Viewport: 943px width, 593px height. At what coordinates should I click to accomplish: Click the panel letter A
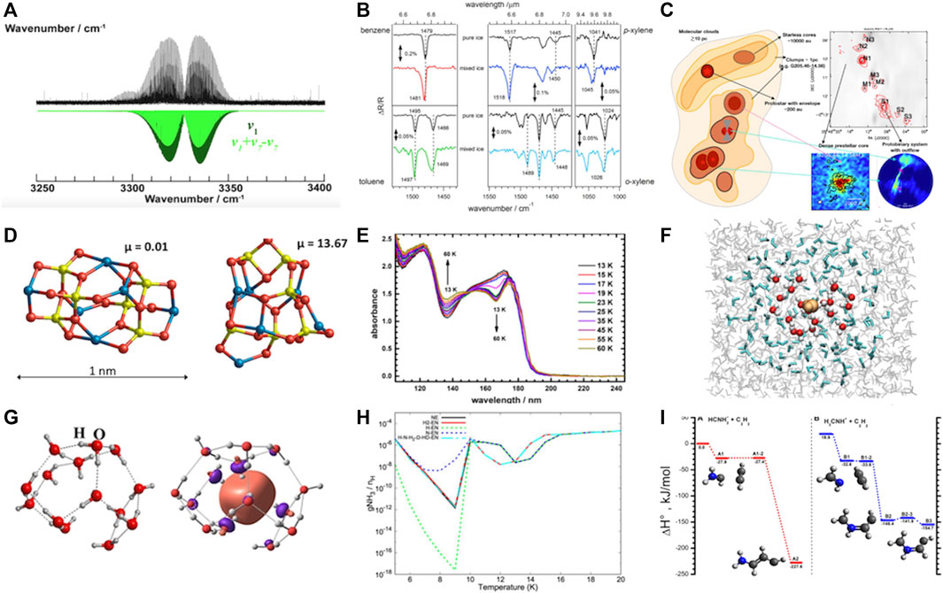click(x=12, y=11)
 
